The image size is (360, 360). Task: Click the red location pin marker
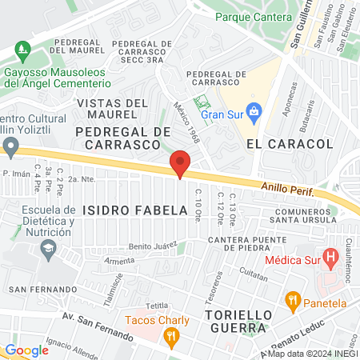(180, 164)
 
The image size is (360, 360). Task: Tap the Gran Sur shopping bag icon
(254, 110)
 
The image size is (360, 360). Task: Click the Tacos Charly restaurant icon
(170, 338)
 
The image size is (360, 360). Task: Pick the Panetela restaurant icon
(293, 303)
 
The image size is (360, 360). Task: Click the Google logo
(26, 350)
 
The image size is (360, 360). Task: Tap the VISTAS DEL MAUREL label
(114, 109)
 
